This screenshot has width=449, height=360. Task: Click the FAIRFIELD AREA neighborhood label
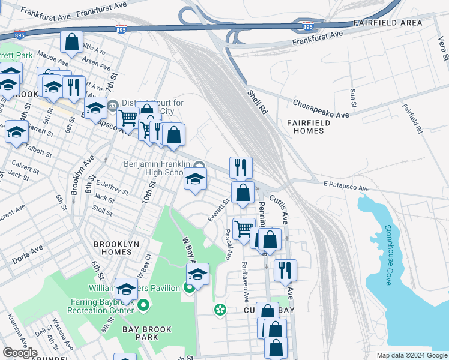coord(388,22)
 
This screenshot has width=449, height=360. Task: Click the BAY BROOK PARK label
coord(146,333)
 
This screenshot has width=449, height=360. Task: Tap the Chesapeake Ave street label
coord(321,108)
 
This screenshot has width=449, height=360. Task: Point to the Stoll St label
coord(103,211)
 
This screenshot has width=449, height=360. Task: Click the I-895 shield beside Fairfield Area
coord(307,27)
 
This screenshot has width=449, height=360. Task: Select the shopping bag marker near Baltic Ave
coord(71,43)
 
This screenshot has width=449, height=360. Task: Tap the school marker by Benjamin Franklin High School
coord(195,179)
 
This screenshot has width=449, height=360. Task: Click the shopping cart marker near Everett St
coord(243,229)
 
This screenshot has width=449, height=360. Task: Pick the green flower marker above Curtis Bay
coord(220,310)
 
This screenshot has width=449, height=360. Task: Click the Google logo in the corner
coord(20,353)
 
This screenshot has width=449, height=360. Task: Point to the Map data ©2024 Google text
coord(411,355)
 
